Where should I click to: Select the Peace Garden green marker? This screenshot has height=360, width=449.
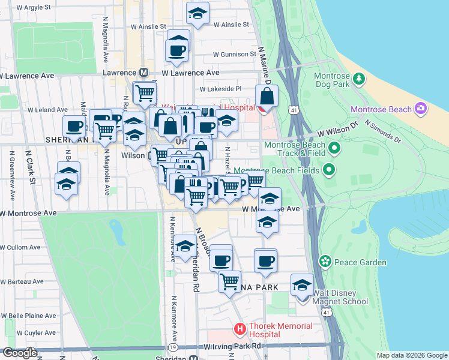(325, 262)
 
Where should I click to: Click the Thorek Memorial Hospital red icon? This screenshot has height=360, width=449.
(240, 329)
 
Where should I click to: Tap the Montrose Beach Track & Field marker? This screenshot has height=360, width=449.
(334, 148)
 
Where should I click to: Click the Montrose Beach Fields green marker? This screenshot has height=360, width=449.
(328, 171)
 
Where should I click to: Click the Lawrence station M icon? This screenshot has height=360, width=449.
(143, 72)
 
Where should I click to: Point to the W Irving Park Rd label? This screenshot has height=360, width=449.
(232, 346)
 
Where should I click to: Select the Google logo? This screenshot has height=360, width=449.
(20, 353)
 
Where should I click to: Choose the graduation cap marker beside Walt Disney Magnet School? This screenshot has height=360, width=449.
(302, 285)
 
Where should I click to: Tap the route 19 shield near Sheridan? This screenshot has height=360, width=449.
(172, 347)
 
